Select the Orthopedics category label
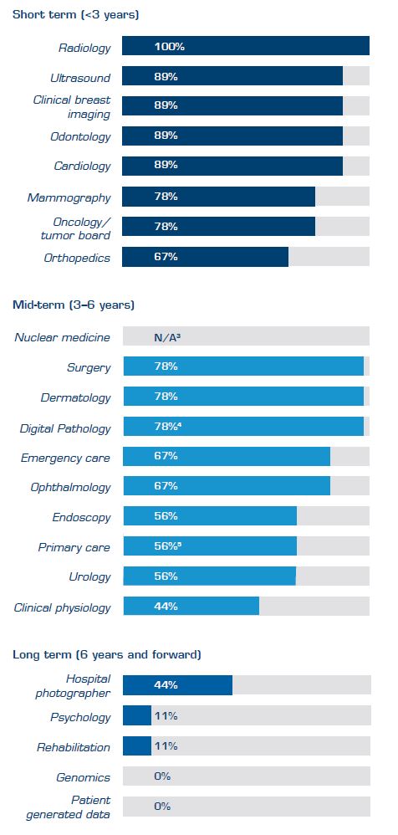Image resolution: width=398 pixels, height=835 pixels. (77, 258)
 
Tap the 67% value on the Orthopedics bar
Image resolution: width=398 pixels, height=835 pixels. (166, 257)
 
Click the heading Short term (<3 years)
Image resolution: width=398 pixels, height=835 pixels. (75, 15)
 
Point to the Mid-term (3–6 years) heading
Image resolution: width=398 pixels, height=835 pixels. (74, 305)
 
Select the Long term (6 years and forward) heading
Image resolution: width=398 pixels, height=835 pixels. (106, 654)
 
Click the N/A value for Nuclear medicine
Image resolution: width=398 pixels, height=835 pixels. (168, 337)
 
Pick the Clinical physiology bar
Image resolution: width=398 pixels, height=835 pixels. (191, 606)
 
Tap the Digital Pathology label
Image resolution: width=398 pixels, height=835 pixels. (65, 428)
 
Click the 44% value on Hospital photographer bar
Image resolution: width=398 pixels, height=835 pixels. (166, 685)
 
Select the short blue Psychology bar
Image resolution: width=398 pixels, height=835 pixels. (137, 716)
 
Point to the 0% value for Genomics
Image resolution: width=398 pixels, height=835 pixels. (162, 776)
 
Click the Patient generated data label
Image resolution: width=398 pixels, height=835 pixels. (79, 807)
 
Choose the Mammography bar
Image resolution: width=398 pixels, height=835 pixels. (218, 197)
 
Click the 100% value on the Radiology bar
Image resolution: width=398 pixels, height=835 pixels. (169, 47)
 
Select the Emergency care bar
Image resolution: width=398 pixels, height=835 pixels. (227, 456)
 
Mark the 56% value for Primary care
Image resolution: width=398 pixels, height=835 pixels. (166, 546)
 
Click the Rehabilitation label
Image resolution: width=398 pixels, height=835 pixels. (74, 747)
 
